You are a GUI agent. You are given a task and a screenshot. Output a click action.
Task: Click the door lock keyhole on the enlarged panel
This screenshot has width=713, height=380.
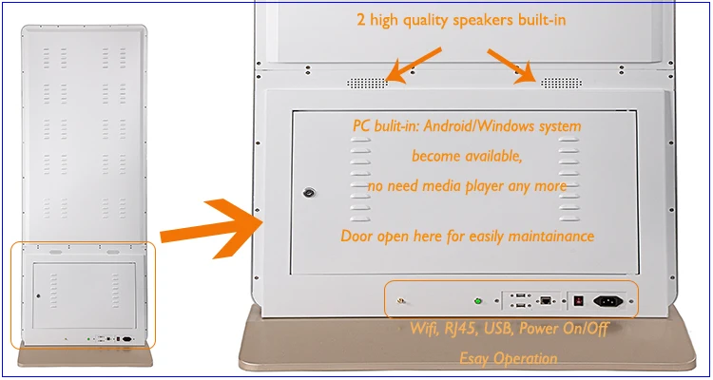coord(309,193)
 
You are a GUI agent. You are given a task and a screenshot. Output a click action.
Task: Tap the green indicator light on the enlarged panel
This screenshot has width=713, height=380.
coord(477,301)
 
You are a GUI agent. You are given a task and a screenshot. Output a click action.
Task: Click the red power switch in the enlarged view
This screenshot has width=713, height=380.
coord(578,301)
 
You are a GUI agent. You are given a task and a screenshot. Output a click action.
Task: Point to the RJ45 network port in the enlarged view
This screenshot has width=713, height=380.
coord(545,300)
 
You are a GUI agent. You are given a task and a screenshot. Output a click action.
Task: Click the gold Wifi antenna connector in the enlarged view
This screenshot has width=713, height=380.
coord(400,300)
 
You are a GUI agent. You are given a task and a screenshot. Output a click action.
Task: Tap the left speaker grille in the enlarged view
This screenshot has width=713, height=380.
coord(367,84)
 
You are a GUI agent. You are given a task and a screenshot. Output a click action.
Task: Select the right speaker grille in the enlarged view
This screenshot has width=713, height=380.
coord(561,84)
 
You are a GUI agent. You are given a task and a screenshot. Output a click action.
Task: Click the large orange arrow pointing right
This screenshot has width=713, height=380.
coord(212,229)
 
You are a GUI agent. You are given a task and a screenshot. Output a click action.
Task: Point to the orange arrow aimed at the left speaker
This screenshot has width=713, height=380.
coord(414,66)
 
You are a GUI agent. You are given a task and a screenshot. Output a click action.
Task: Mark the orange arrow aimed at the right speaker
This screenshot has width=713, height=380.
coord(511,66)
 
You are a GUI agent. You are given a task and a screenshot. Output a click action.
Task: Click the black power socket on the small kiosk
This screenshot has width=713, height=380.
coord(126,338)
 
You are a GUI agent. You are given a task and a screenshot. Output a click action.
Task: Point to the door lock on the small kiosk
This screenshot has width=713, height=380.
coord(38,295)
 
